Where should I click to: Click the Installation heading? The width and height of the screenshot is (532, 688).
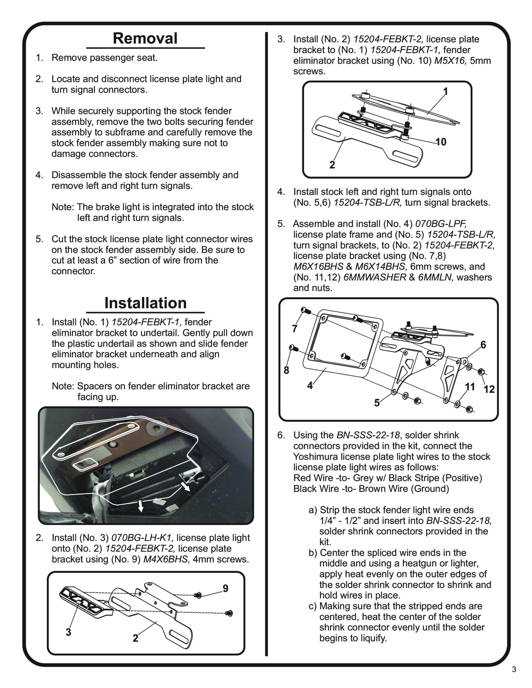(x=146, y=303)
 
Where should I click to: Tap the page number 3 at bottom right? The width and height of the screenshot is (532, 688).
(x=514, y=678)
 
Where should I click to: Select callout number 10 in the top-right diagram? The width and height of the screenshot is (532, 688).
(x=441, y=142)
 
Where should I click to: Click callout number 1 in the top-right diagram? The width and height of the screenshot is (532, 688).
(x=445, y=91)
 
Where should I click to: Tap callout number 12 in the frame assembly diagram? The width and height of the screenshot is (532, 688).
(x=489, y=389)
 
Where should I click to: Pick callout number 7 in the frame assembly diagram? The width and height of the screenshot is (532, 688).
(x=295, y=329)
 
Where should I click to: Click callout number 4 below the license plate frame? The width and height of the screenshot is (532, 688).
(x=310, y=385)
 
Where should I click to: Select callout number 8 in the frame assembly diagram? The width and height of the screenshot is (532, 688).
(x=286, y=370)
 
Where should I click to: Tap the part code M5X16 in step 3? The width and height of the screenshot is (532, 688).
(x=450, y=60)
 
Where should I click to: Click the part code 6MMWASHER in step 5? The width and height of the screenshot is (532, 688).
(x=375, y=277)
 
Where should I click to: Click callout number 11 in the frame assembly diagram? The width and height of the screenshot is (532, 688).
(x=470, y=387)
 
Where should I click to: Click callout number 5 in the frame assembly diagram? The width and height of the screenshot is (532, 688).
(x=377, y=403)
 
